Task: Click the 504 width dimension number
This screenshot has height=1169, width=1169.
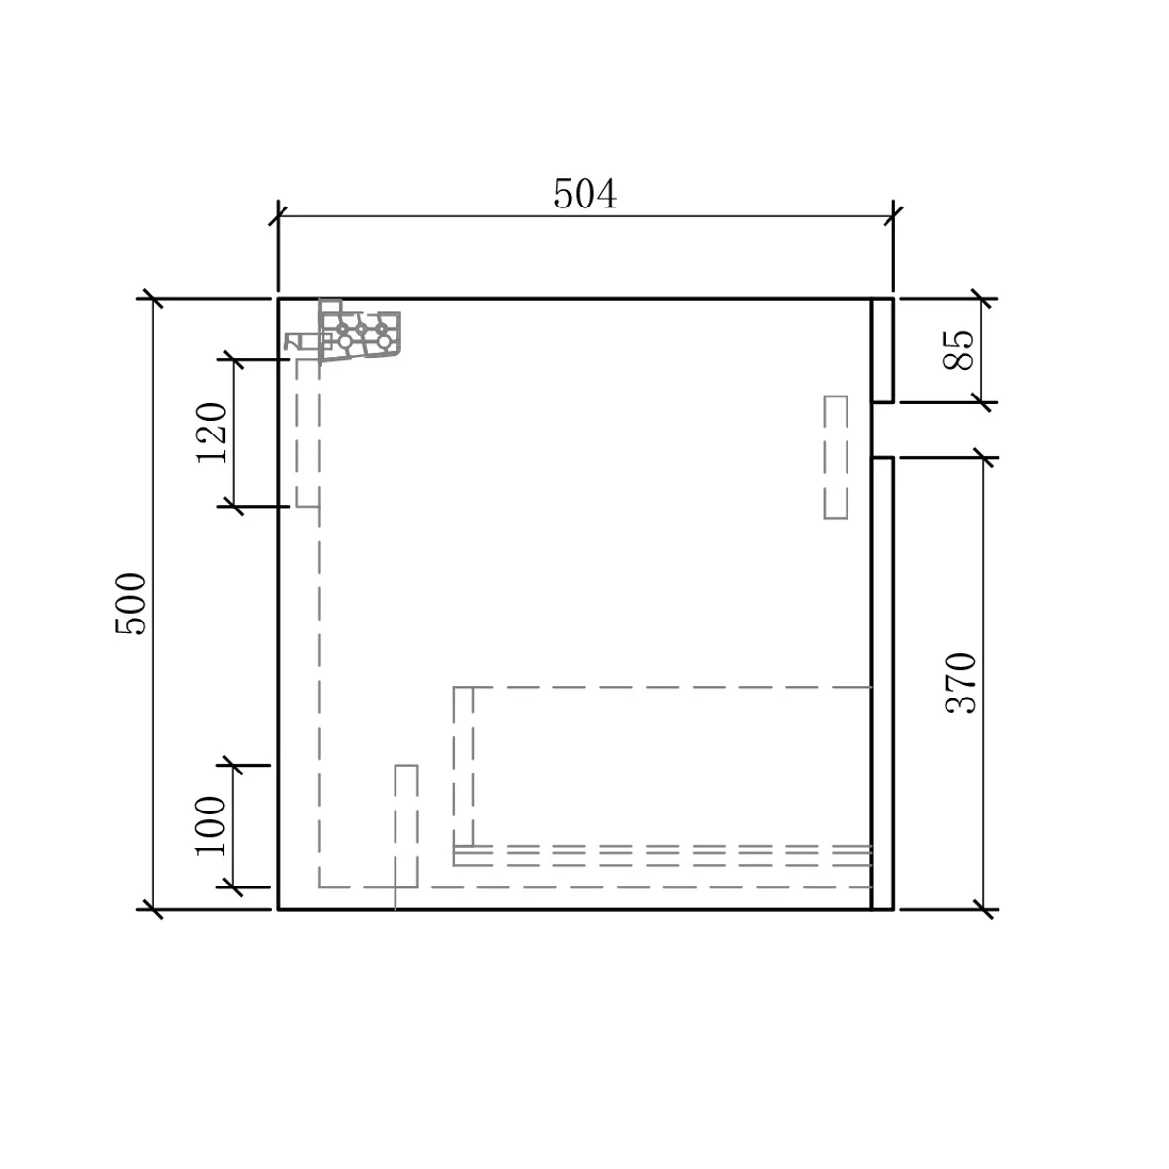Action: [584, 194]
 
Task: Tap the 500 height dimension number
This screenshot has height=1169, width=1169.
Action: [131, 604]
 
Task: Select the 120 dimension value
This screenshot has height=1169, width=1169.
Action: [211, 433]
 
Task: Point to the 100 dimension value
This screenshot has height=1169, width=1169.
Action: [209, 825]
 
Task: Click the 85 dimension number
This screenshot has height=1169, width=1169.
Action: [958, 350]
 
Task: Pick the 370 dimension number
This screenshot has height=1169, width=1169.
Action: [961, 683]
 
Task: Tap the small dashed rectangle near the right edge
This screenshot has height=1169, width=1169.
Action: [835, 458]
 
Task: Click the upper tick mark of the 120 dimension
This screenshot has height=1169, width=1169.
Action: [234, 359]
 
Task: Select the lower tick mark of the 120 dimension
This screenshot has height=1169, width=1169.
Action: [234, 506]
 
